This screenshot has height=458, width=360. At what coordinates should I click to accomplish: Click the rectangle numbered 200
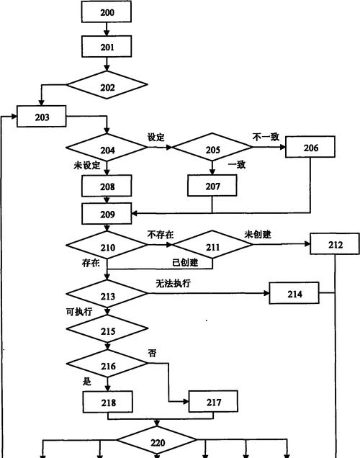pyautogui.click(x=107, y=12)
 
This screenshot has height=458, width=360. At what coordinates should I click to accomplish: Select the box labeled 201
pyautogui.click(x=107, y=46)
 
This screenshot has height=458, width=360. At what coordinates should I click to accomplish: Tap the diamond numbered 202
pyautogui.click(x=107, y=85)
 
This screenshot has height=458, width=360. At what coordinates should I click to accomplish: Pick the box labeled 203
pyautogui.click(x=42, y=116)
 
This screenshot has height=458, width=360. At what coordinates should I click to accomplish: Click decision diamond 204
pyautogui.click(x=107, y=148)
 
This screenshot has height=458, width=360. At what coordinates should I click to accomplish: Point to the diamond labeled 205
pyautogui.click(x=212, y=147)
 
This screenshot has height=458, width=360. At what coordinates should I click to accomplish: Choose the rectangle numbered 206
pyautogui.click(x=310, y=147)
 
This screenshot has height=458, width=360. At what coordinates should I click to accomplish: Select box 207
pyautogui.click(x=212, y=186)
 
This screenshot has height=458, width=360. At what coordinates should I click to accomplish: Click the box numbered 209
pyautogui.click(x=107, y=214)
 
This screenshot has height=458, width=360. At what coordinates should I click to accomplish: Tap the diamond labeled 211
pyautogui.click(x=212, y=244)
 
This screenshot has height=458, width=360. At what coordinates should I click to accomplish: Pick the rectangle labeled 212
pyautogui.click(x=335, y=243)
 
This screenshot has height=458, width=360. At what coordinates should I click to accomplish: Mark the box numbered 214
pyautogui.click(x=294, y=293)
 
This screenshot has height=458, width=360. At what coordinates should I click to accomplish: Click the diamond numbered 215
pyautogui.click(x=107, y=328)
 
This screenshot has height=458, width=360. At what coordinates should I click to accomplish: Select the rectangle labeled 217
pyautogui.click(x=213, y=402)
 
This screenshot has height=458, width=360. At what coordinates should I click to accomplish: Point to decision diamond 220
pyautogui.click(x=157, y=440)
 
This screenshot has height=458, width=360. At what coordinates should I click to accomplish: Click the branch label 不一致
pyautogui.click(x=266, y=137)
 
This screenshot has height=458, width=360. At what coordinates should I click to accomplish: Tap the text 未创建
pyautogui.click(x=258, y=234)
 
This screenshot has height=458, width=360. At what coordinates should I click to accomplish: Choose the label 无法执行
pyautogui.click(x=173, y=283)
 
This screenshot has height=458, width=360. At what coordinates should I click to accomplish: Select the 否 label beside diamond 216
pyautogui.click(x=152, y=354)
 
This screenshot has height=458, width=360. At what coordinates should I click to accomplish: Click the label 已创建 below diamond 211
pyautogui.click(x=185, y=262)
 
